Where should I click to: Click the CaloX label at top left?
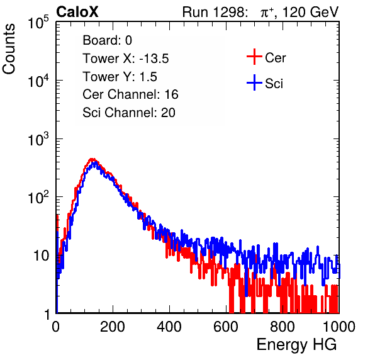pyautogui.click(x=77, y=12)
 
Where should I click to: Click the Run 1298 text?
pyautogui.click(x=214, y=12)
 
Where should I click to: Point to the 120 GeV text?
pyautogui.click(x=311, y=12)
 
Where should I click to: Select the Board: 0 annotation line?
pyautogui.click(x=108, y=40)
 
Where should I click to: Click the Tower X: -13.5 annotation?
pyautogui.click(x=126, y=59)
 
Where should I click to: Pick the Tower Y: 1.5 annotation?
pyautogui.click(x=120, y=77)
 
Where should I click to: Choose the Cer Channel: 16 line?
pyautogui.click(x=130, y=94)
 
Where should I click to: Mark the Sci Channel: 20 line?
pyautogui.click(x=129, y=113)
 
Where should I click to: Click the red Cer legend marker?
pyautogui.click(x=254, y=57)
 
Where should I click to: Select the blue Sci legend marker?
pyautogui.click(x=254, y=83)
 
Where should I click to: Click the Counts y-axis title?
pyautogui.click(x=9, y=49)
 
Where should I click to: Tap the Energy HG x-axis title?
pyautogui.click(x=296, y=344)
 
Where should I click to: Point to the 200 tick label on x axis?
pyautogui.click(x=113, y=327)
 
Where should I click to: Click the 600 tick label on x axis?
pyautogui.click(x=226, y=327)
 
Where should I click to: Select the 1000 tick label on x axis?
pyautogui.click(x=339, y=327)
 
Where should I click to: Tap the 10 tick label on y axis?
pyautogui.click(x=41, y=256)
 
